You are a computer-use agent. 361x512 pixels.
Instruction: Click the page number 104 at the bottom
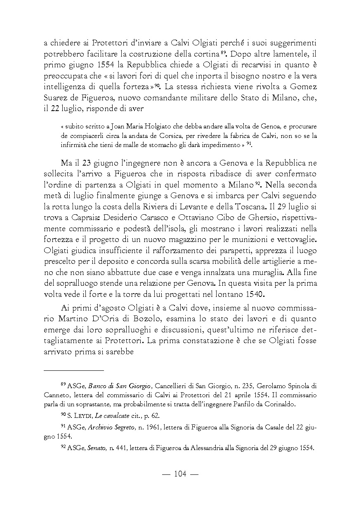click(x=180, y=474)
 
